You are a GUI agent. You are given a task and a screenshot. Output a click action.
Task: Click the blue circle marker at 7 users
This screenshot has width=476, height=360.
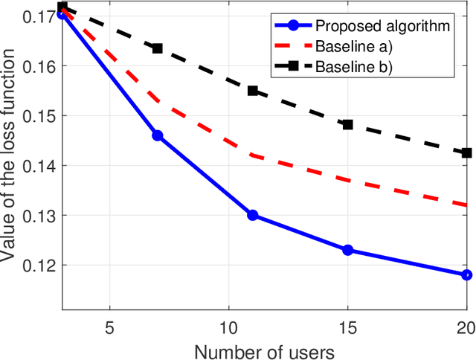tap(157, 135)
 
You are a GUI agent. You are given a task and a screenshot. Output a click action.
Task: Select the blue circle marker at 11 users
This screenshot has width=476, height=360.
tap(252, 215)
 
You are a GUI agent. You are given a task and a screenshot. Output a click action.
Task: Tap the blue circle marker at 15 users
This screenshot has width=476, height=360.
tap(347, 250)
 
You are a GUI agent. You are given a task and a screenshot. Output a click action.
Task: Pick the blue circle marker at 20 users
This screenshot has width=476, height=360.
tap(466, 274)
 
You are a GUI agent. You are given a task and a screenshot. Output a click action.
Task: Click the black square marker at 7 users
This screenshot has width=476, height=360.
tap(157, 48)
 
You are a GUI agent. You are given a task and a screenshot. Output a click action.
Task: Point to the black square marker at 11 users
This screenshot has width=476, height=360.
tap(252, 91)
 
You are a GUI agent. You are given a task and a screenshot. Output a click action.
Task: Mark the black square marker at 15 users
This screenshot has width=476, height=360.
tap(347, 124)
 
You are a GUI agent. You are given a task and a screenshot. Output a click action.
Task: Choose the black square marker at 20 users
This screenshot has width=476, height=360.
tap(466, 152)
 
